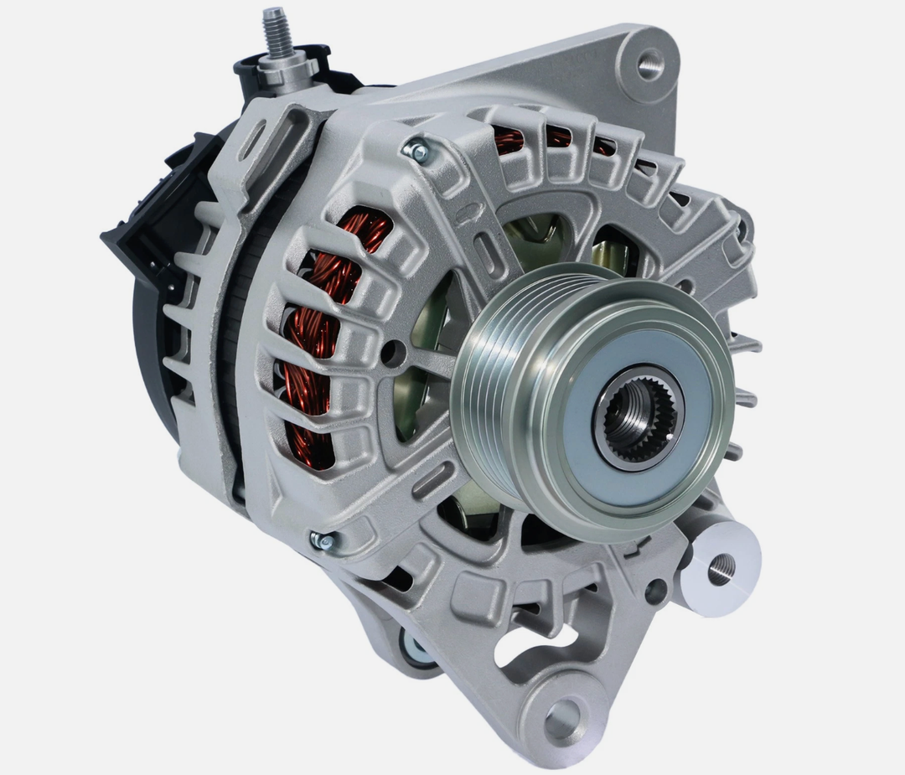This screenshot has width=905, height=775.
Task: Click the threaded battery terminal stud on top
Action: pos(277,32)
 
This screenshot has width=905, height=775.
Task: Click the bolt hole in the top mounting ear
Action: pos(649,64)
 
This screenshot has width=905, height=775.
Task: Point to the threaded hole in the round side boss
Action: pos(721,569)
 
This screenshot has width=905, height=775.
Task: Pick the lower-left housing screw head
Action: pos(322,540)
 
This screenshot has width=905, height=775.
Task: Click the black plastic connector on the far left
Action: pos(134,243)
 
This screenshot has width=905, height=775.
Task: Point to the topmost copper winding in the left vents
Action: pos(365,230)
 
